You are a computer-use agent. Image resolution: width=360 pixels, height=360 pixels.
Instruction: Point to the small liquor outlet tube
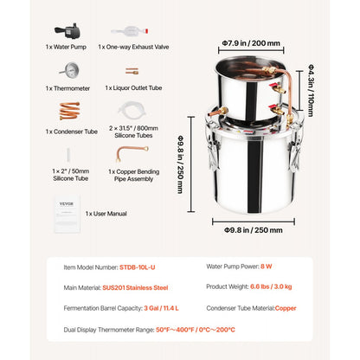(x=132, y=71)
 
